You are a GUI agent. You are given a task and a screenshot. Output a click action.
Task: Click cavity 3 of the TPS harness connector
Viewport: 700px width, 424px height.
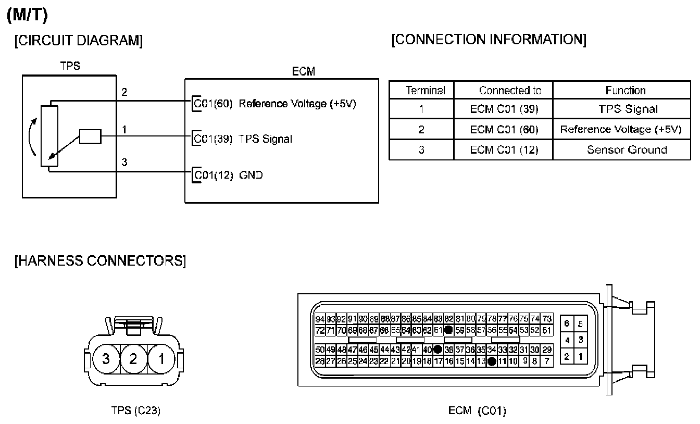(106, 359)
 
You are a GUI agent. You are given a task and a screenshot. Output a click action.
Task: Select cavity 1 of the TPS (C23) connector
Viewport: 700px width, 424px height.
(161, 359)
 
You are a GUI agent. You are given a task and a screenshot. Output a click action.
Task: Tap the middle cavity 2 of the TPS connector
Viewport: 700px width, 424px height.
(134, 359)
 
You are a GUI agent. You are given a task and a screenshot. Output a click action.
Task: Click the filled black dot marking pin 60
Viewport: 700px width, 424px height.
(448, 330)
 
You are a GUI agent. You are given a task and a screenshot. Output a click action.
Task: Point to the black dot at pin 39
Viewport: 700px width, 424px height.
(438, 349)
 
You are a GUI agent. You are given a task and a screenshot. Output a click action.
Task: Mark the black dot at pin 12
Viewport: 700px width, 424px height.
(491, 360)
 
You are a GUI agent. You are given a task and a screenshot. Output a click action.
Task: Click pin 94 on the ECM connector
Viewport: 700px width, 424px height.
(320, 319)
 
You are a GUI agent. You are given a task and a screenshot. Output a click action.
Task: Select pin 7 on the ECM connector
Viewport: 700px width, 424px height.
(547, 360)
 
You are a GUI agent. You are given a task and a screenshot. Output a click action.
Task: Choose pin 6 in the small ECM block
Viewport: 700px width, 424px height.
(567, 323)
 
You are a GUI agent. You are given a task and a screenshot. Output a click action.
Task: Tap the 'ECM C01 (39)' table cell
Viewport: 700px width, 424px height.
(503, 109)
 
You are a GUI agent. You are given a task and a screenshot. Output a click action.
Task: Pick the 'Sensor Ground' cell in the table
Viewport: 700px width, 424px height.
(627, 149)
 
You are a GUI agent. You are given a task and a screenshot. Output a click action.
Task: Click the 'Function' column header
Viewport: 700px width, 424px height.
(625, 90)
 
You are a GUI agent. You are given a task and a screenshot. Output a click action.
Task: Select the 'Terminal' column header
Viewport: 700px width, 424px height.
(426, 90)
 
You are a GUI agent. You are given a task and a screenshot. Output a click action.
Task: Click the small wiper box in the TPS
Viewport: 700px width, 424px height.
(90, 136)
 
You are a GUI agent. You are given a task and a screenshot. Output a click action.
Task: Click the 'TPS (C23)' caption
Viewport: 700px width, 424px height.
(135, 410)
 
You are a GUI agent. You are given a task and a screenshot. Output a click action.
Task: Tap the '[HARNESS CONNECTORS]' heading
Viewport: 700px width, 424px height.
(99, 260)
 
